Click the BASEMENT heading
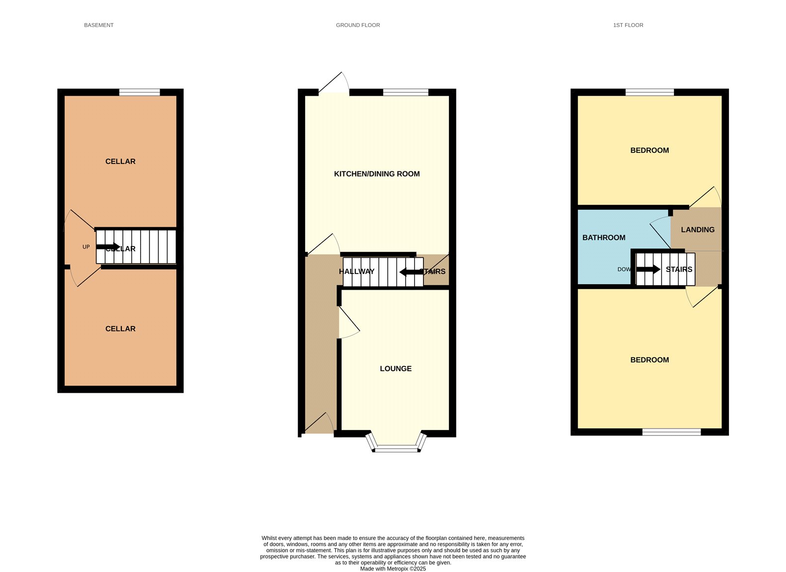coord(99,25)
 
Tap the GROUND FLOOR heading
coord(358,25)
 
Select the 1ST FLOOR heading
coord(628,25)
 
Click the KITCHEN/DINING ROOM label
coord(377,174)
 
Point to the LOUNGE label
coord(395,369)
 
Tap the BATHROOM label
coord(604,238)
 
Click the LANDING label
coord(698,230)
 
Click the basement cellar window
coord(140,92)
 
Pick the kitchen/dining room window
coord(405,92)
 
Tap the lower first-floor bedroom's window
coord(671,432)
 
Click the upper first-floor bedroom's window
coord(649,92)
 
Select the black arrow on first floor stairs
coord(648,269)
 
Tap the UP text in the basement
coord(86,247)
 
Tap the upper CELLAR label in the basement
coord(120,162)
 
